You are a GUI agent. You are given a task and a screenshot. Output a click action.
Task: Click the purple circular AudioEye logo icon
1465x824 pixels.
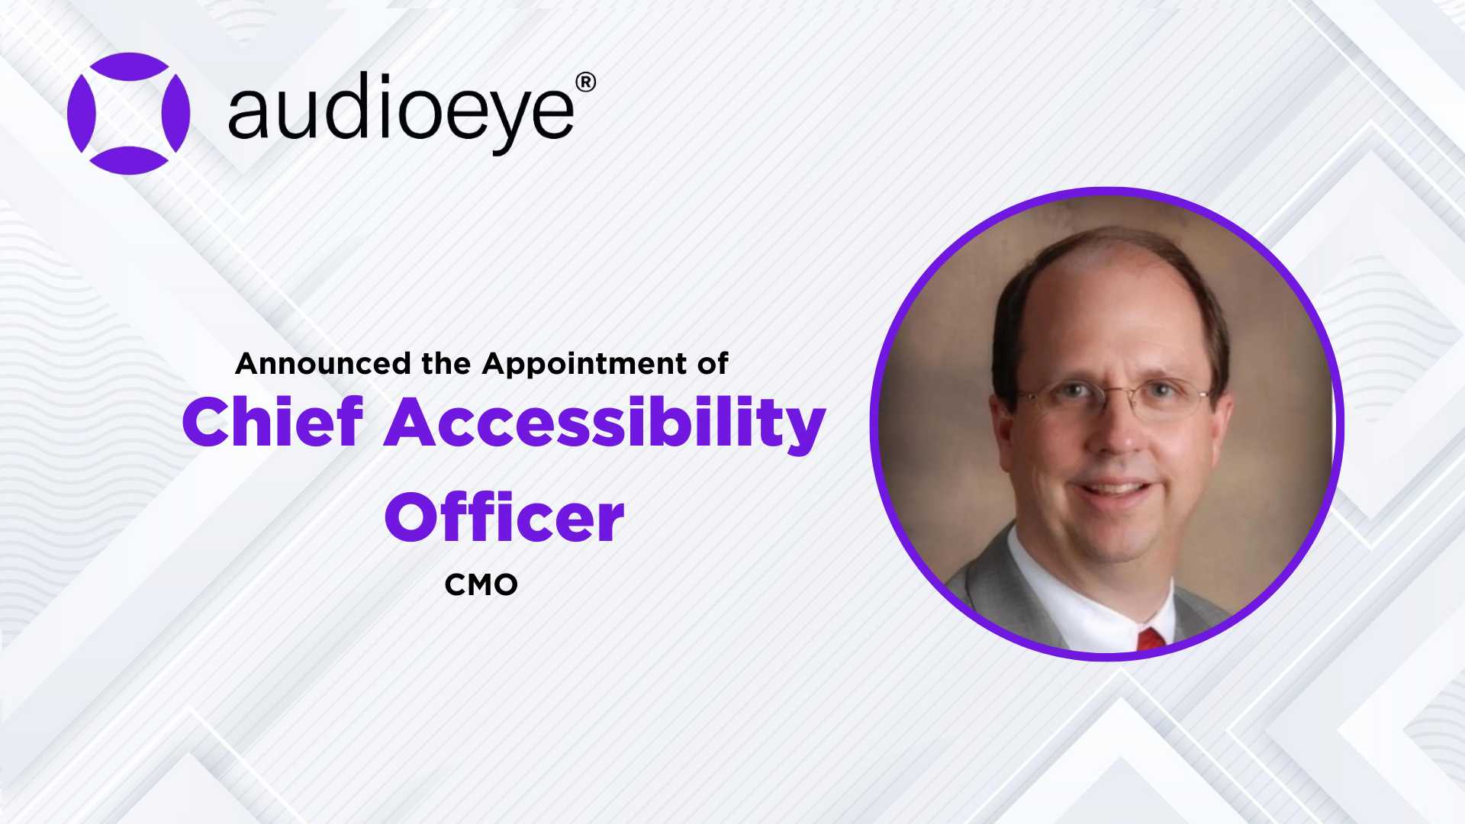128,113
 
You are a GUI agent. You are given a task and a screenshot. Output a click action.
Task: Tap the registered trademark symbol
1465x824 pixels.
585,82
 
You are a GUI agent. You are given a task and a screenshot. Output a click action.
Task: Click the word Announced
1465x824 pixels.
323,363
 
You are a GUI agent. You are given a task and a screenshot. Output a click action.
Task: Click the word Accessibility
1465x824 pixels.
604,423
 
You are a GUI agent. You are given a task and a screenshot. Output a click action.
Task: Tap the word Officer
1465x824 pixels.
504,517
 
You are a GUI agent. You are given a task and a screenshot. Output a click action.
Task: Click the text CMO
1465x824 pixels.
481,585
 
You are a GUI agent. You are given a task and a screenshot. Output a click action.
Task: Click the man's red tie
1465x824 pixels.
1151,639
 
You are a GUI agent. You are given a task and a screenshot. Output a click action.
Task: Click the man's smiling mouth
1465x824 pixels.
1116,488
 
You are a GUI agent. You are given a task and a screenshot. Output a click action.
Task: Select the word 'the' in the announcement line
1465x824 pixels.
446,363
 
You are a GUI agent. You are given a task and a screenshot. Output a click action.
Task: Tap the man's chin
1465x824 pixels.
1118,534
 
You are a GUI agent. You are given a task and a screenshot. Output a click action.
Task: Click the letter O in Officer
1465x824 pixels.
415,518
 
